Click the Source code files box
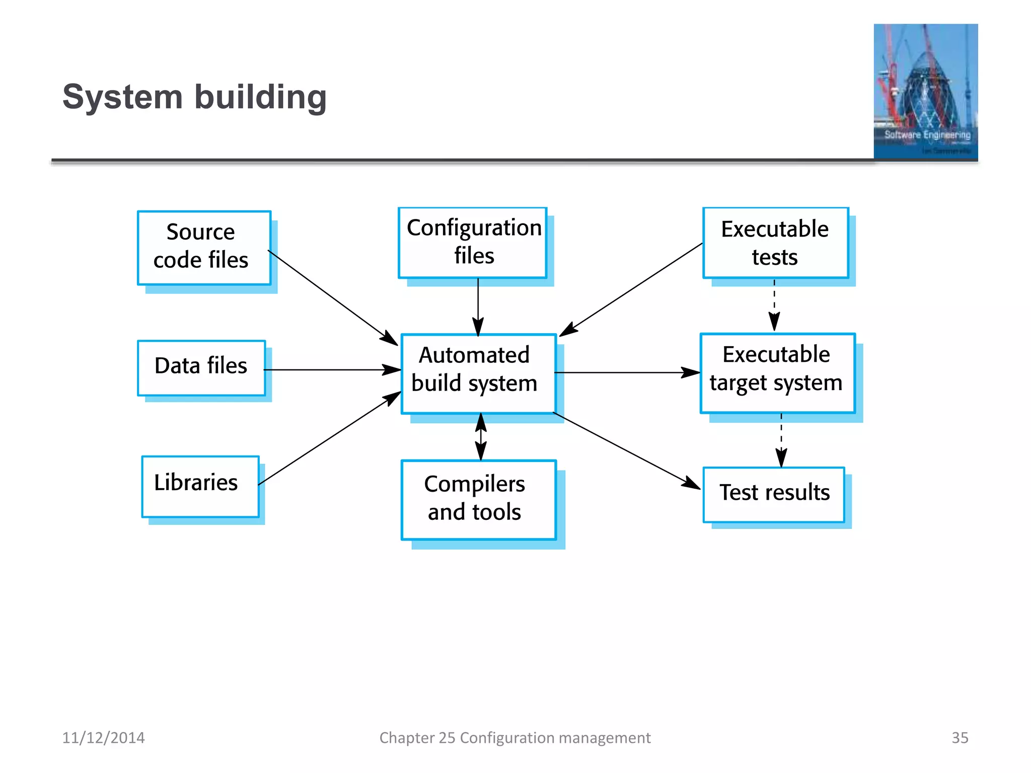[204, 248]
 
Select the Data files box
[201, 367]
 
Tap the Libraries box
[200, 486]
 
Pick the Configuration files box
[472, 243]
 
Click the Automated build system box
[478, 373]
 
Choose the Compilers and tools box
[478, 499]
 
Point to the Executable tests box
[775, 243]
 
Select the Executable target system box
[777, 372]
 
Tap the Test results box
[774, 494]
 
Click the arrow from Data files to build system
[332, 370]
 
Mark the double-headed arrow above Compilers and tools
[481, 437]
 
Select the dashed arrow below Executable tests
[774, 305]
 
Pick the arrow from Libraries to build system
[330, 438]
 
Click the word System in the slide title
[122, 97]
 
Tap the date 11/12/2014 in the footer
[103, 738]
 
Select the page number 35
[960, 738]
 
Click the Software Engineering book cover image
[925, 92]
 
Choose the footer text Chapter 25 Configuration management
[514, 738]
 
